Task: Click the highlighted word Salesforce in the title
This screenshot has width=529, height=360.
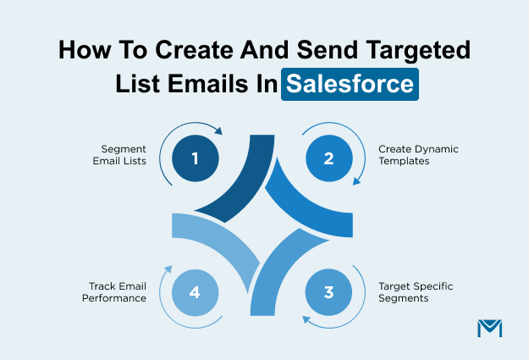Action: (350, 85)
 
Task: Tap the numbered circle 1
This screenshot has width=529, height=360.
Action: (195, 158)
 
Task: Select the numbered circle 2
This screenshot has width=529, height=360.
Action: (329, 158)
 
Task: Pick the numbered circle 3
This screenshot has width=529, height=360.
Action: (329, 292)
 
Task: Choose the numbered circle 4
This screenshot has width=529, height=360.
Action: (195, 292)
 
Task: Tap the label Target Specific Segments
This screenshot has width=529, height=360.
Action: (415, 292)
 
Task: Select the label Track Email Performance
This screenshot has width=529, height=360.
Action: (117, 292)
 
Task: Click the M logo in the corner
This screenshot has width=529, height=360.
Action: (490, 329)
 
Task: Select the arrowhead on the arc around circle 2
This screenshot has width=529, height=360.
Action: (355, 181)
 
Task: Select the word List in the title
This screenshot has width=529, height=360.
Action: (138, 85)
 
